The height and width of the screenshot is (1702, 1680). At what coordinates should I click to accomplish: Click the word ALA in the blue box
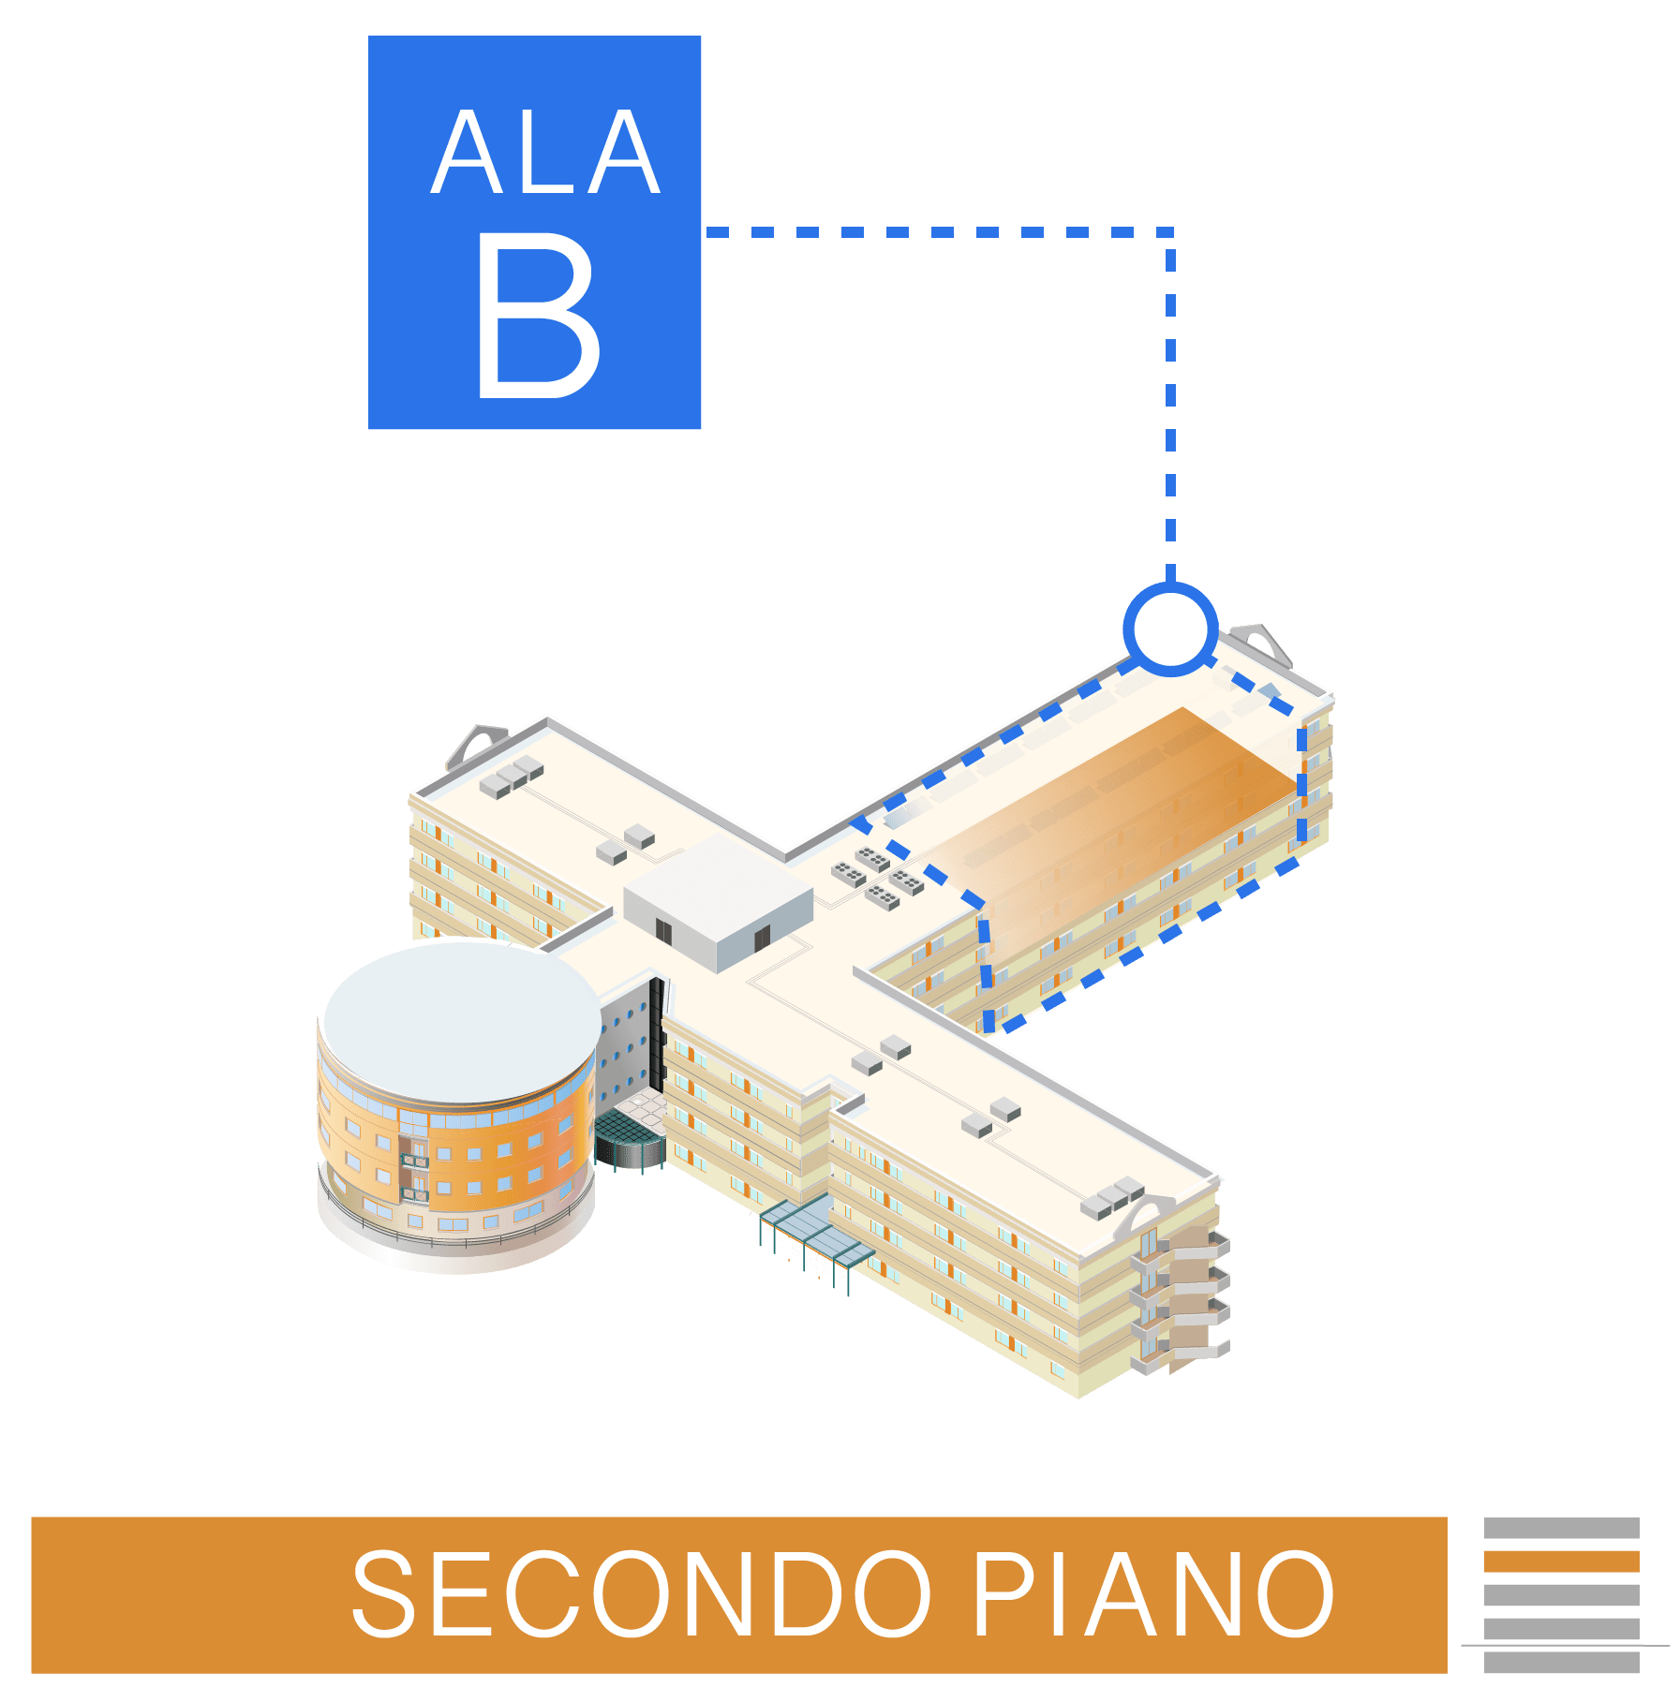tap(546, 154)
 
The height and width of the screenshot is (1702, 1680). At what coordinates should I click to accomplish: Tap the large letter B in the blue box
tap(538, 317)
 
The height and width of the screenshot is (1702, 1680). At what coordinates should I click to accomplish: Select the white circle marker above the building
tap(1170, 629)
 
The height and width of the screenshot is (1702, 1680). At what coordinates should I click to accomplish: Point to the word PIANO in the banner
tap(1152, 1593)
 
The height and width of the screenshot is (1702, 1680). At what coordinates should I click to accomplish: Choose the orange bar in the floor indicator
tap(1561, 1561)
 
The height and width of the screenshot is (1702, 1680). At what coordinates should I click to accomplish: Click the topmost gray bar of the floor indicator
tap(1561, 1529)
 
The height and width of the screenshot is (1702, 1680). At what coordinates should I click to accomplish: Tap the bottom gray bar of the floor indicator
tap(1561, 1663)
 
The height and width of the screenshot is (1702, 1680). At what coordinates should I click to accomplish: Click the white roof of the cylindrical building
tap(462, 1021)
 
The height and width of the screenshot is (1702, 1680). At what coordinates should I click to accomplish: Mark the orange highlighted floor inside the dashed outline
tap(1124, 806)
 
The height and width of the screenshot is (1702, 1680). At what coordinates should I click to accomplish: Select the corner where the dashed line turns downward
tap(1170, 231)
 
